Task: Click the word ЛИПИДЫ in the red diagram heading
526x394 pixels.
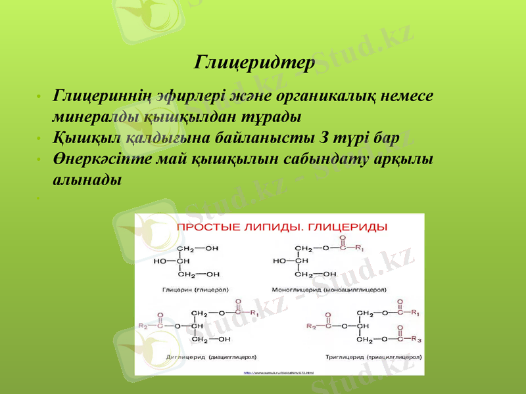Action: pyautogui.click(x=270, y=227)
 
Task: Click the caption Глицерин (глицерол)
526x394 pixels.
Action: pyautogui.click(x=189, y=289)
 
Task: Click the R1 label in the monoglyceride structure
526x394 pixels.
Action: pyautogui.click(x=359, y=248)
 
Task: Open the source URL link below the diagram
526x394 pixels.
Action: pyautogui.click(x=278, y=372)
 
